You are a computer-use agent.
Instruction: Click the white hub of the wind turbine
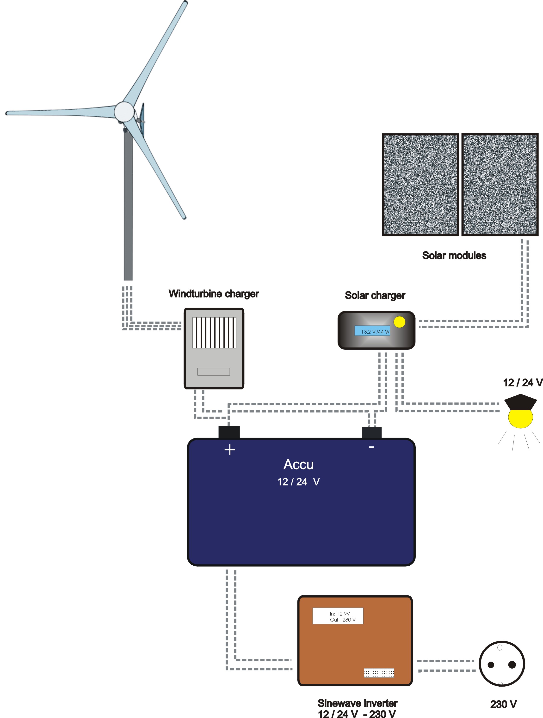tap(124, 112)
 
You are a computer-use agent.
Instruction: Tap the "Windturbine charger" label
tap(214, 294)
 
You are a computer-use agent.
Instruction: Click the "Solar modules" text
tap(454, 256)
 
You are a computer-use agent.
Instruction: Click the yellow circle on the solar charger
tap(399, 322)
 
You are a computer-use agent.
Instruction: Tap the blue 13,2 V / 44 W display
tap(372, 331)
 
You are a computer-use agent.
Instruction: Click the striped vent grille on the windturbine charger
tap(214, 333)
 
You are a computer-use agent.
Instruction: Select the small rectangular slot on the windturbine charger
tap(214, 372)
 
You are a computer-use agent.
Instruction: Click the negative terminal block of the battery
tap(372, 433)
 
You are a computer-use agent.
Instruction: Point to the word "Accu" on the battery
tap(298, 465)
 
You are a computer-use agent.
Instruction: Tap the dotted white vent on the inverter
tap(379, 673)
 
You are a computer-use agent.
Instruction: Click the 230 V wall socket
tap(502, 664)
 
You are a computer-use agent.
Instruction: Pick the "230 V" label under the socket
tap(503, 704)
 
